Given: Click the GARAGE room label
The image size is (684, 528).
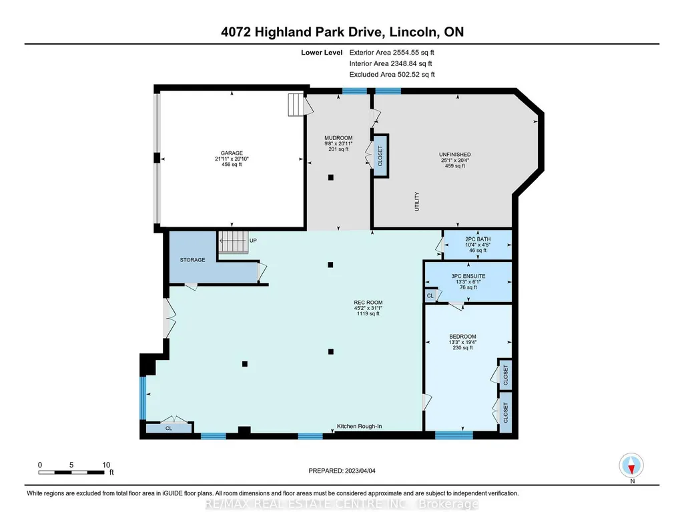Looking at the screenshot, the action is click(x=232, y=153).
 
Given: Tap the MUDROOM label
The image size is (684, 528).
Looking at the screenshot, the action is click(x=338, y=137).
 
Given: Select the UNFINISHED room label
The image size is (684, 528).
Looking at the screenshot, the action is click(x=455, y=154).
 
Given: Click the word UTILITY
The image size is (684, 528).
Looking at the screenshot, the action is click(x=416, y=201).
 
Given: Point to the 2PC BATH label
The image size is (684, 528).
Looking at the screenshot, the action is click(x=478, y=239).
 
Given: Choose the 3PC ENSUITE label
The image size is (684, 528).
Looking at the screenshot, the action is click(x=468, y=276).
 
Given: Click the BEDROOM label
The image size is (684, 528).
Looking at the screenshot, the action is click(x=463, y=336).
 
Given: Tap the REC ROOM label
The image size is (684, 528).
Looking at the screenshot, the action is click(x=368, y=303).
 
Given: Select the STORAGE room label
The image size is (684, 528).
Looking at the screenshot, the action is click(x=192, y=259).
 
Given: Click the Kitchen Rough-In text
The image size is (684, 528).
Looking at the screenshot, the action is click(x=360, y=426).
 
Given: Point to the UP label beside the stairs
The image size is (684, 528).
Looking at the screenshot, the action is click(x=253, y=241).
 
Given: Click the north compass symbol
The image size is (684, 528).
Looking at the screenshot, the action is click(x=631, y=465).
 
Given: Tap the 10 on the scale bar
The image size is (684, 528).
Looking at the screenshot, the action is click(x=107, y=465).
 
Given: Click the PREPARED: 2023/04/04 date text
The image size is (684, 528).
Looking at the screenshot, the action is click(x=342, y=471).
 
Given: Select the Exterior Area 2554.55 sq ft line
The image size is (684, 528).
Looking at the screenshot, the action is click(x=392, y=52).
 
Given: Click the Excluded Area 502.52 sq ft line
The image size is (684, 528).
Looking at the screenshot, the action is click(x=392, y=74).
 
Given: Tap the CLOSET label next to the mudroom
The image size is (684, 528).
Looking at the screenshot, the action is click(x=380, y=155).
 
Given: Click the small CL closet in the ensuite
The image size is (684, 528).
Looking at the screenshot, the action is click(x=430, y=295).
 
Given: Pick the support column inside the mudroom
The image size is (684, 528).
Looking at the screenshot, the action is click(x=331, y=177).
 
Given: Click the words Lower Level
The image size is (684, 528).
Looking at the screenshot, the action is click(x=322, y=52).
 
